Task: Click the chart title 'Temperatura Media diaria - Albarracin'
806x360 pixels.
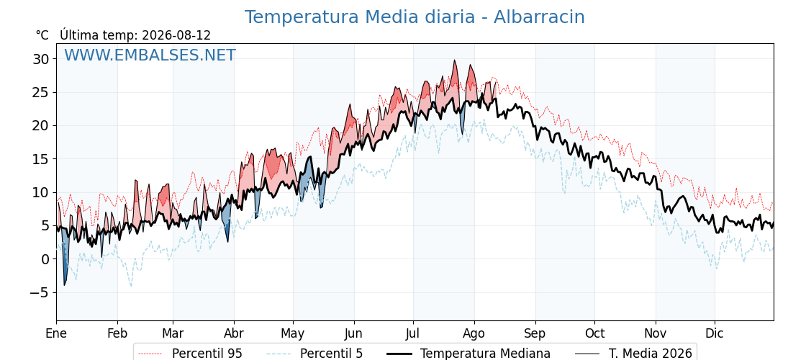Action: point(415,17)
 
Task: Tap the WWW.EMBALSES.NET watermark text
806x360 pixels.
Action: point(150,55)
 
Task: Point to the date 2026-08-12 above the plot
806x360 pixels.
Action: point(176,35)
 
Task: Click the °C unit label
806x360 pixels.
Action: point(42,35)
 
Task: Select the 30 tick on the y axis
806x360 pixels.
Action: point(42,59)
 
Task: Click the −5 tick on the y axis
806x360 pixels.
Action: point(40,292)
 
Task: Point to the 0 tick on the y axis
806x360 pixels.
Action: point(46,259)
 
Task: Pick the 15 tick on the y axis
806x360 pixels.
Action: point(42,159)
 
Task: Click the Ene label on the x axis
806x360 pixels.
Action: point(56,334)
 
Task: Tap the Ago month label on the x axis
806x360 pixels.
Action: point(474,334)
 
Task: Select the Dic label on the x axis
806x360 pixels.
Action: point(715,334)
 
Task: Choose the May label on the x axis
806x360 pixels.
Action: point(293,334)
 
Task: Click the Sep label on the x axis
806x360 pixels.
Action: point(535,334)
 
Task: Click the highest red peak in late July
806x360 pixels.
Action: point(454,60)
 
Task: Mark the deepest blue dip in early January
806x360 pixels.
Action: point(65,284)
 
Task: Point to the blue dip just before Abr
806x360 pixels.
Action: point(227,240)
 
